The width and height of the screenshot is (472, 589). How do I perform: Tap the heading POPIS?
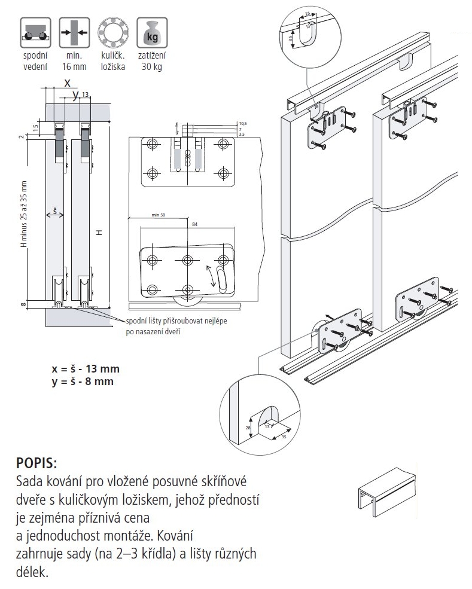(38, 463)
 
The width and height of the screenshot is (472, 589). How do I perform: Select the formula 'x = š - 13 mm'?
(86, 369)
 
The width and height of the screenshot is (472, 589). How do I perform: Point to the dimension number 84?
(194, 224)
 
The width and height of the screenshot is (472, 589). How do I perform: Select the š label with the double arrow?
(54, 213)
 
